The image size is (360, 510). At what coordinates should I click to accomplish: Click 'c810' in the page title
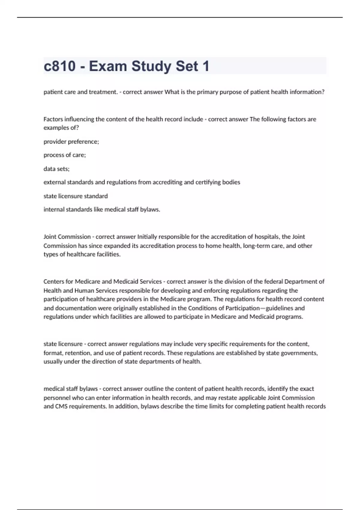point(59,66)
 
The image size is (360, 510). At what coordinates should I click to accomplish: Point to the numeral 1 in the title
point(206,66)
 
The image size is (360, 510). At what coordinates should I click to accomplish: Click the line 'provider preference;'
point(71,142)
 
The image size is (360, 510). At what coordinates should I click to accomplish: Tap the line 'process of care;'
point(64,155)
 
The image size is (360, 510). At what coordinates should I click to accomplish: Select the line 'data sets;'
point(56,169)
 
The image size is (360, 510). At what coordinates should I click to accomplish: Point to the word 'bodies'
point(231,182)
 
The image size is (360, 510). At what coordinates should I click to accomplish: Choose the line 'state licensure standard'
point(76,196)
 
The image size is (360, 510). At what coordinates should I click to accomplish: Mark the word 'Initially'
point(147,237)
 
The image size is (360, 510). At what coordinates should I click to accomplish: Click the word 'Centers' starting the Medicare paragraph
point(54,282)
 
